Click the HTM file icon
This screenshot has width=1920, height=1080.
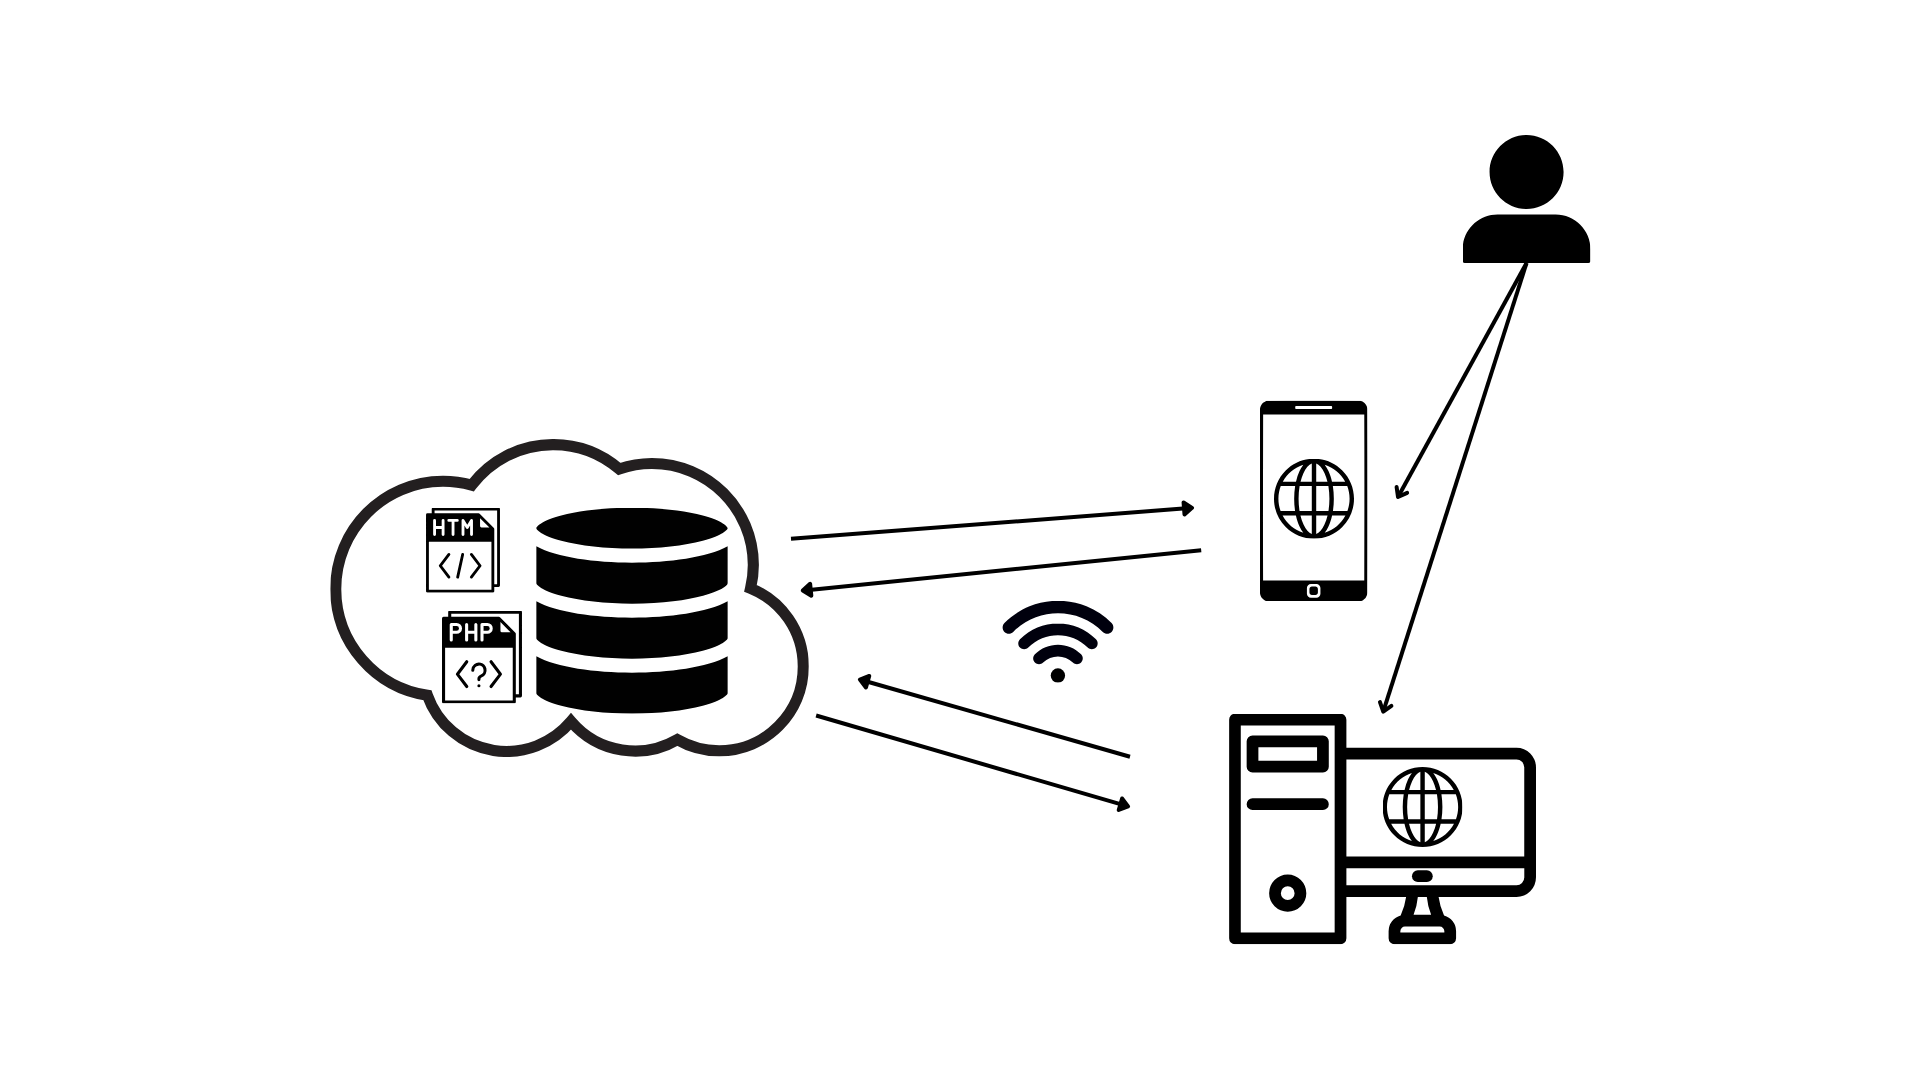(x=461, y=550)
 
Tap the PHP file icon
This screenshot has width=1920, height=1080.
(x=481, y=657)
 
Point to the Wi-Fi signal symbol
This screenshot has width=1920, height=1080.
(x=1058, y=640)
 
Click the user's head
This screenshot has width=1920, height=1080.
(x=1526, y=172)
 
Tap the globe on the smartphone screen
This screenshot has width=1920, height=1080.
(x=1314, y=498)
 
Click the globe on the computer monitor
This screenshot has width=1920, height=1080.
(x=1422, y=806)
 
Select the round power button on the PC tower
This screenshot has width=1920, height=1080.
(x=1287, y=892)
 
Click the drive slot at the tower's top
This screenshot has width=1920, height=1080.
(x=1287, y=753)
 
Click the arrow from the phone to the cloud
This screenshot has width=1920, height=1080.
(x=1000, y=570)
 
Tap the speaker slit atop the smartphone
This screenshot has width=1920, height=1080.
(x=1313, y=408)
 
